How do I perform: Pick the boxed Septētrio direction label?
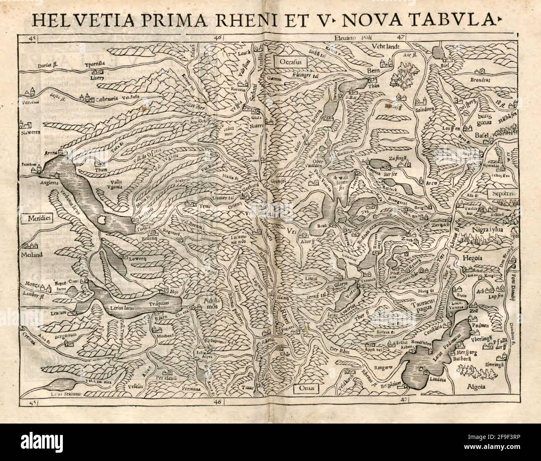coord(502,195)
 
